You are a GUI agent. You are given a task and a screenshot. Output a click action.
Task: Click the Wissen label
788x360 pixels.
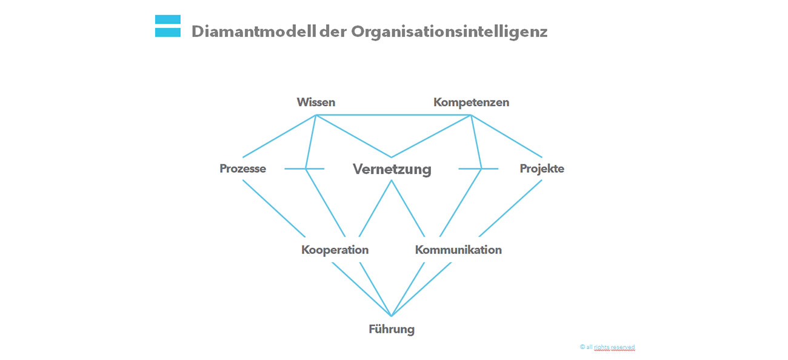tap(316, 102)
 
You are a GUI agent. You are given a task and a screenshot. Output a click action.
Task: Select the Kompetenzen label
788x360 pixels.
tap(471, 102)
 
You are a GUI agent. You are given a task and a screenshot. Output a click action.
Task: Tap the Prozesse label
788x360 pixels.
tap(242, 168)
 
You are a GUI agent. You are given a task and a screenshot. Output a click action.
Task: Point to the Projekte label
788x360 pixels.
tap(542, 168)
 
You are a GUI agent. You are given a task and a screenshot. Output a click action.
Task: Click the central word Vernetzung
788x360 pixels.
tap(392, 169)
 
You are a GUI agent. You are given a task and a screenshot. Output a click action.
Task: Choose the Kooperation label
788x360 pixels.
tap(335, 250)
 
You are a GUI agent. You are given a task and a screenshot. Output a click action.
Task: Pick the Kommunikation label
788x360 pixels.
tap(458, 250)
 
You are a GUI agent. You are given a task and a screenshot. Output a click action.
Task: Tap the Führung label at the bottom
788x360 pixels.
tap(392, 330)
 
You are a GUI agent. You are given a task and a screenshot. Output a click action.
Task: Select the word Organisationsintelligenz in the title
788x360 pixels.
tap(449, 32)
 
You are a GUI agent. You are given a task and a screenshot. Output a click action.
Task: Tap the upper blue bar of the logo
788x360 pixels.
tap(168, 19)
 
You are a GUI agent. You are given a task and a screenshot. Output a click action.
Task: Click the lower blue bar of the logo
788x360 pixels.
tap(168, 32)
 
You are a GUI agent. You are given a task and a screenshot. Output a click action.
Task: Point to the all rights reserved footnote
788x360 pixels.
tap(607, 347)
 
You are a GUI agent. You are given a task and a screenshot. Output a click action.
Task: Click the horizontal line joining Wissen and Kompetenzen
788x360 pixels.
tap(394, 115)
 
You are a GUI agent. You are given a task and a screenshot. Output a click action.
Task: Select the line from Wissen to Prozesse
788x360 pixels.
tap(279, 136)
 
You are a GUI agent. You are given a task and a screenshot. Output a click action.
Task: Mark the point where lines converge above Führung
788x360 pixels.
tap(392, 316)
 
